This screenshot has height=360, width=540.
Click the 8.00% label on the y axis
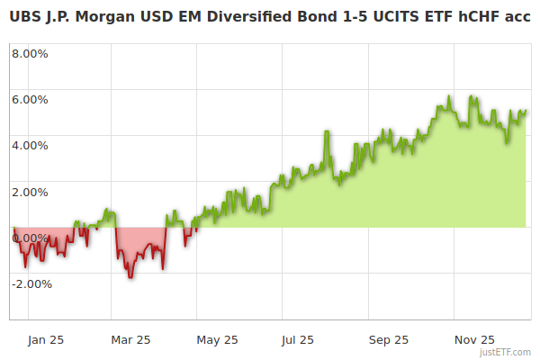coord(30,52)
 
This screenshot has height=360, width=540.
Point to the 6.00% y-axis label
coord(30,99)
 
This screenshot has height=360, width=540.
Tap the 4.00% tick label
coord(30,145)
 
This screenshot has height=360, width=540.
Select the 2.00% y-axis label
coord(30,192)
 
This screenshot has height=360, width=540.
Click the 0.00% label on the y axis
coord(30,238)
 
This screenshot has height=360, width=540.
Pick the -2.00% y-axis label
coord(30,284)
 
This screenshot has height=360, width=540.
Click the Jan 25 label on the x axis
coord(45,339)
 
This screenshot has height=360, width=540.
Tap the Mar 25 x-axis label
coord(130,339)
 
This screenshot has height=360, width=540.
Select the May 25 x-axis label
coord(217,339)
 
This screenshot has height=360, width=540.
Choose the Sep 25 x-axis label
coord(388,339)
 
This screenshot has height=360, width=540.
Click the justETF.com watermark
coord(505,352)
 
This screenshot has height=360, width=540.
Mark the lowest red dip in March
coord(130,276)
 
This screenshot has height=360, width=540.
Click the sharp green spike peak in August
coord(327,132)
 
